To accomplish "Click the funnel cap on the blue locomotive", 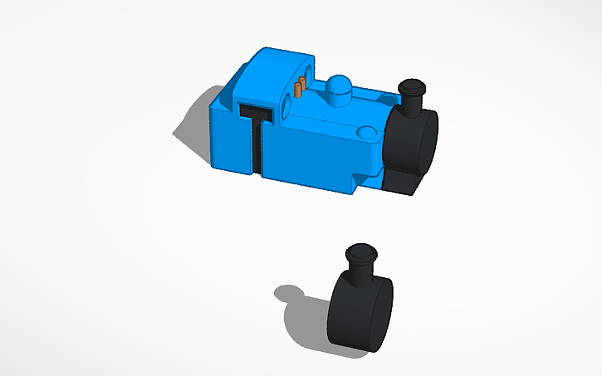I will [412, 86].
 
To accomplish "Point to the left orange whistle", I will [299, 86].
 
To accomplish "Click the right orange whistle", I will [305, 83].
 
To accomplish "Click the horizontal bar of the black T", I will [256, 112].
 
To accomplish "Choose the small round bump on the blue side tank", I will [364, 133].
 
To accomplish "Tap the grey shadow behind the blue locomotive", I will [191, 125].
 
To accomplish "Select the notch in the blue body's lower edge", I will [359, 179].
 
